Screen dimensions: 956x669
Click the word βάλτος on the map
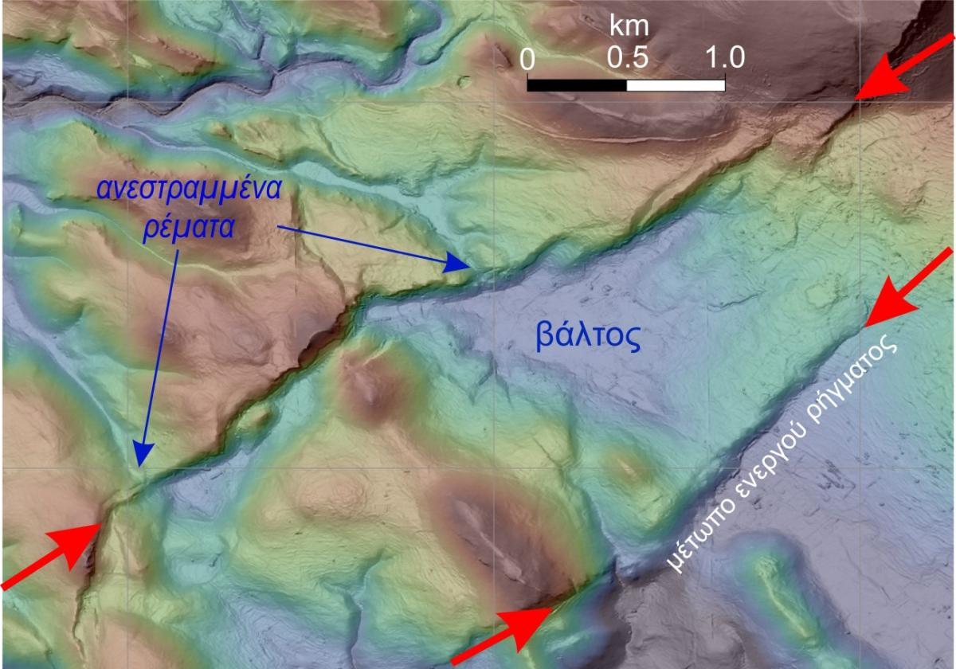point(585,338)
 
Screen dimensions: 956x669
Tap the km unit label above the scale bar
point(629,26)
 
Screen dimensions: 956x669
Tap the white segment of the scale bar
point(676,84)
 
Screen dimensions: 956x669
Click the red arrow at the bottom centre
point(505,633)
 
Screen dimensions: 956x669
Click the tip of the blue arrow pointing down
point(142,463)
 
